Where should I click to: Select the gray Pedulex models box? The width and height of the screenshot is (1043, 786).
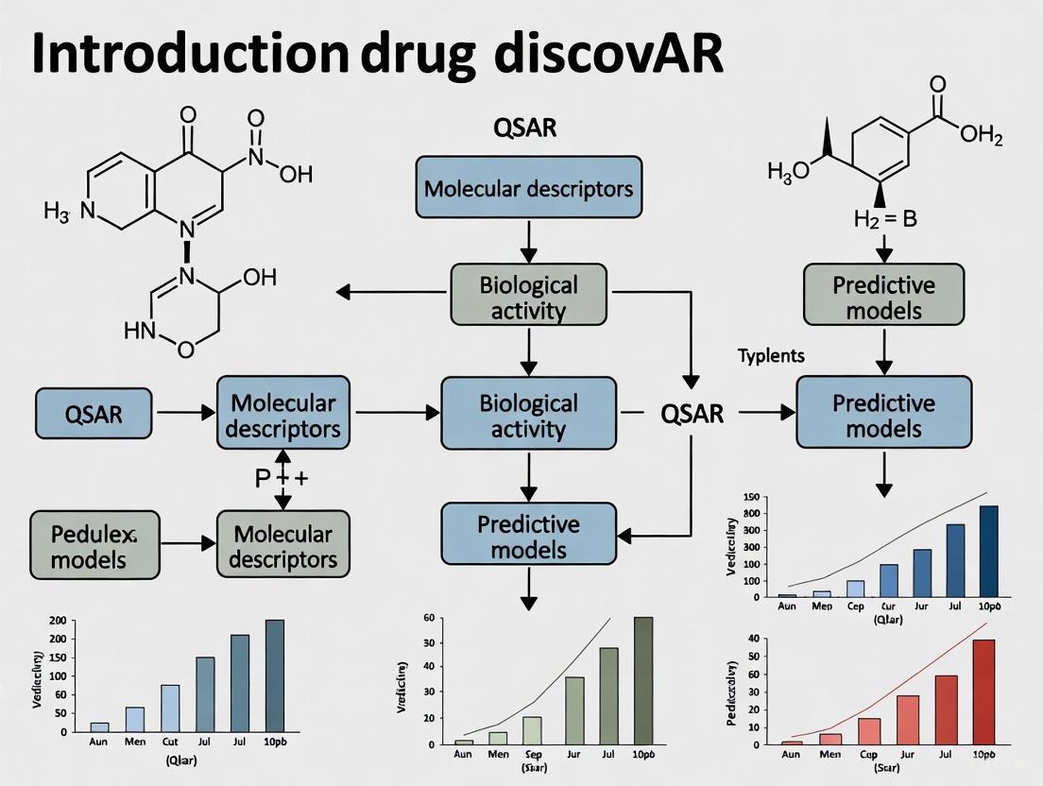click(x=94, y=545)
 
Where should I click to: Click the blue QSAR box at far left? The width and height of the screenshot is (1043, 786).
click(x=94, y=413)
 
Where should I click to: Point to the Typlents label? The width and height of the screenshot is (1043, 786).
click(x=771, y=356)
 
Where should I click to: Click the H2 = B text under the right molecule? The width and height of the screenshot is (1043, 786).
click(x=884, y=218)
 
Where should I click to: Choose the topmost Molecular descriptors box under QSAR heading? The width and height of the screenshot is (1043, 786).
click(x=528, y=188)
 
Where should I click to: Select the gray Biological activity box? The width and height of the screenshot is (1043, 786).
click(x=528, y=297)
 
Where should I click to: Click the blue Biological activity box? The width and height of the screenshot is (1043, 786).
click(x=528, y=416)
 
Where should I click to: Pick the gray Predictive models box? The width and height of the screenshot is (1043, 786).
click(x=883, y=298)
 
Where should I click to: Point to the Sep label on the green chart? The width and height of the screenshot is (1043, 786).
click(x=532, y=754)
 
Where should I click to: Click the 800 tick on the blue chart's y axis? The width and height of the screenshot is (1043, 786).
click(x=751, y=513)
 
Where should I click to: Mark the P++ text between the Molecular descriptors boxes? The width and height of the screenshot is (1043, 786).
click(x=282, y=478)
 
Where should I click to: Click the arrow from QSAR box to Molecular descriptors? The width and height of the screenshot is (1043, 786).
click(x=183, y=413)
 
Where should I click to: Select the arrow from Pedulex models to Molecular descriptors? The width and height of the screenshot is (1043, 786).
click(x=188, y=544)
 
